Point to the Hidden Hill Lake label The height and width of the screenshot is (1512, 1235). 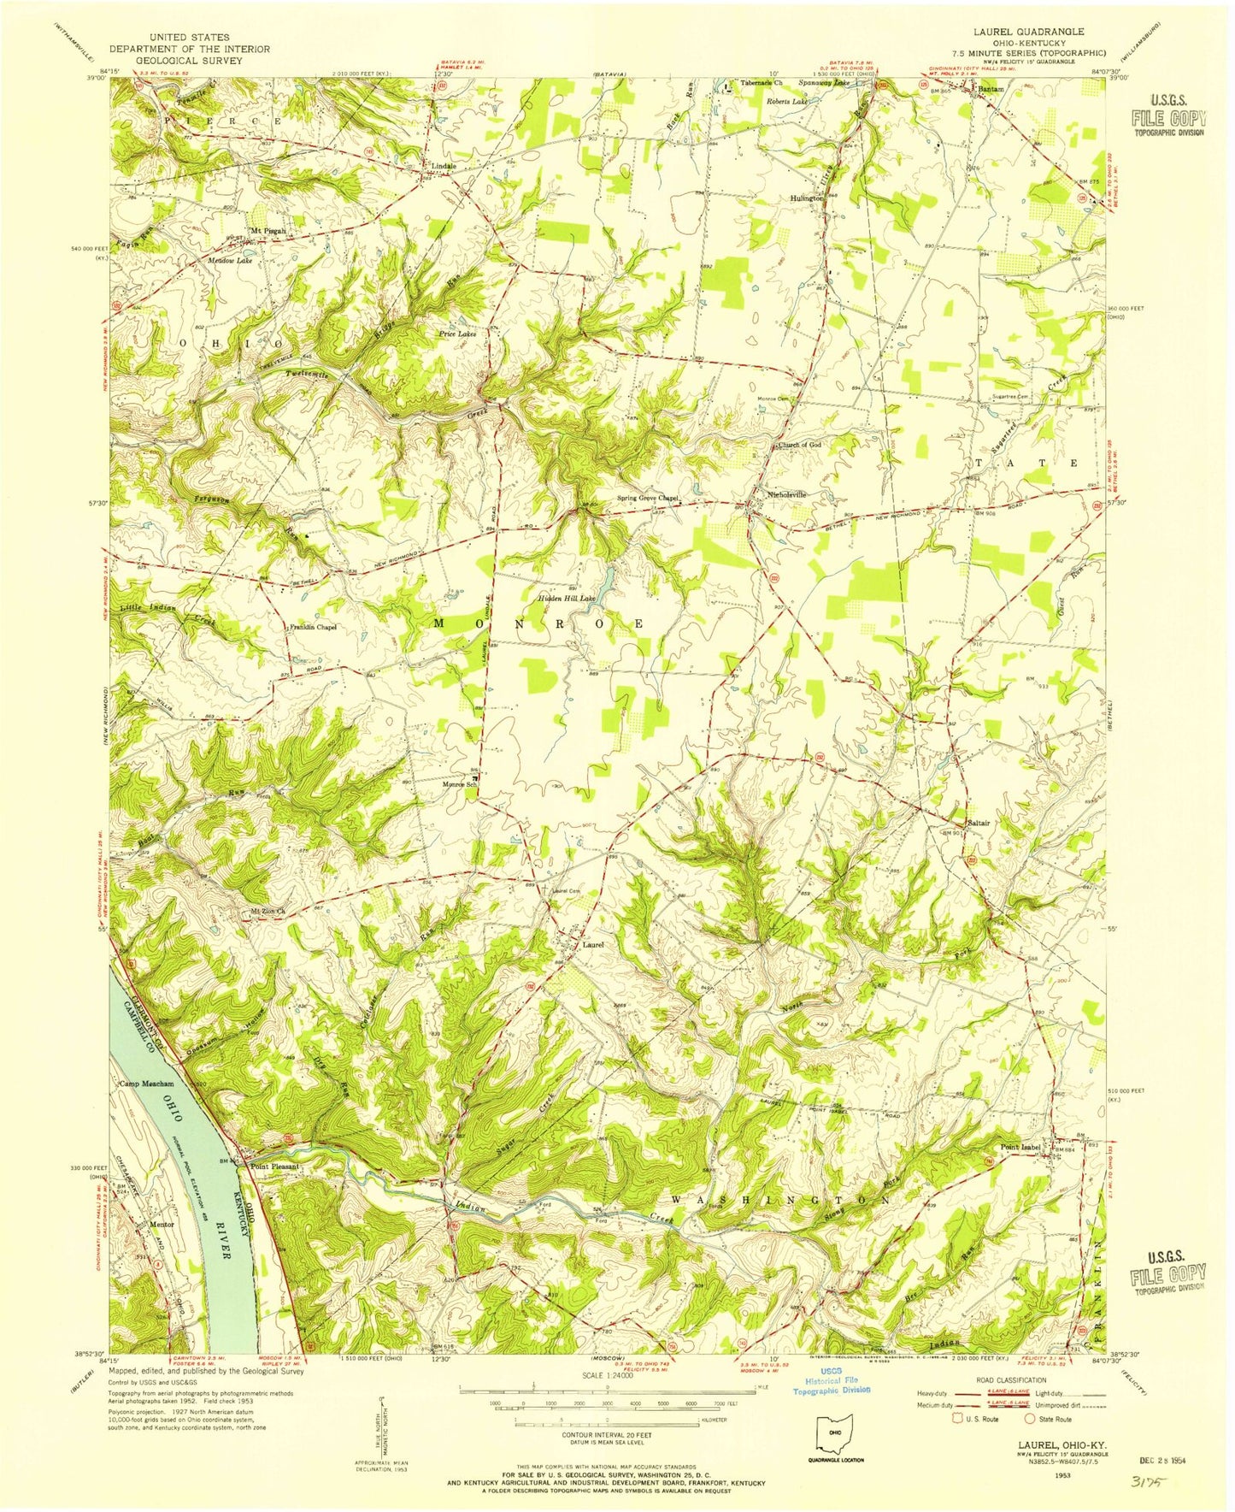[565, 599]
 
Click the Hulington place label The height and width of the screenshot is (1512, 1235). [807, 198]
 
